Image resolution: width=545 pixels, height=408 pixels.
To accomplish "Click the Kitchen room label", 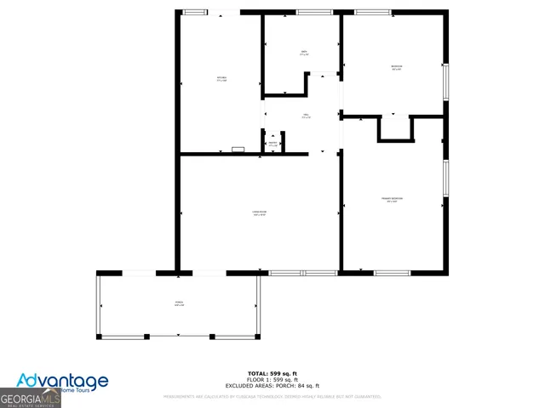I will [x=221, y=80].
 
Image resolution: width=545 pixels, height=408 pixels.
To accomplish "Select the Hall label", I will [x=305, y=116].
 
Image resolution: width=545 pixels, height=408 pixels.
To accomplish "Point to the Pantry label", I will [x=272, y=144].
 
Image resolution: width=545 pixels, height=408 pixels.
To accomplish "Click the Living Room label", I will [x=259, y=213].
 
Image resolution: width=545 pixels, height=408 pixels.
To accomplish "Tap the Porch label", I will [x=180, y=303].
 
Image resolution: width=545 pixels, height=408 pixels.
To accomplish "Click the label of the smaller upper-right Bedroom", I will [x=397, y=67].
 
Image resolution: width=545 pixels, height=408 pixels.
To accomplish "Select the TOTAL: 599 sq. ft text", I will [x=272, y=374].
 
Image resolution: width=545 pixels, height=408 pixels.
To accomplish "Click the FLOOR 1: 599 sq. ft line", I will [x=272, y=379].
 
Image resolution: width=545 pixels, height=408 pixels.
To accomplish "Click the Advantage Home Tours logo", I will [x=64, y=382].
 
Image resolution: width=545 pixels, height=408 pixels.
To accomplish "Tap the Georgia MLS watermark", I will [x=31, y=398].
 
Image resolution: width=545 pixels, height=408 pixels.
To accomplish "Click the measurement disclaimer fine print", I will [x=272, y=396].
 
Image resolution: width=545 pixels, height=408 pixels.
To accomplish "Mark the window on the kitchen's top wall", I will [x=195, y=12].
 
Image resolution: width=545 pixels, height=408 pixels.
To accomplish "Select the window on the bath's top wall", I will [x=308, y=12].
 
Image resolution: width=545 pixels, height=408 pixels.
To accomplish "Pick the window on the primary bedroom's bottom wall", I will [x=393, y=273].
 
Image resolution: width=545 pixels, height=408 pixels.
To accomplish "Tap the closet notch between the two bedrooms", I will [x=395, y=128].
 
